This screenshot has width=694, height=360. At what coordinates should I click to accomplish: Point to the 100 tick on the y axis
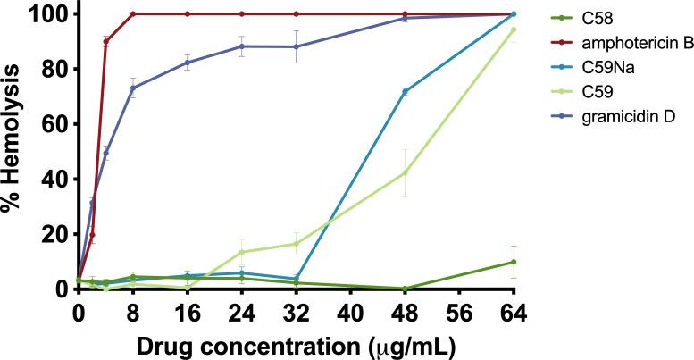tap(42, 14)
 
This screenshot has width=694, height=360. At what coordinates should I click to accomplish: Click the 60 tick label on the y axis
tap(49, 124)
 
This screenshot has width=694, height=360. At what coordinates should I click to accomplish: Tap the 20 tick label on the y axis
tap(49, 234)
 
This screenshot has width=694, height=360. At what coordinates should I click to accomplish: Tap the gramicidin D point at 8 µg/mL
tap(133, 88)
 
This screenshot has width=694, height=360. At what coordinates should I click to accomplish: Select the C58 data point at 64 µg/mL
tap(514, 262)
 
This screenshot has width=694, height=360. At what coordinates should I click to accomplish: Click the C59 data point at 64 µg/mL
tap(514, 29)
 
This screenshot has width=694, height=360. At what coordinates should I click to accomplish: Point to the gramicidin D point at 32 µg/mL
tap(296, 46)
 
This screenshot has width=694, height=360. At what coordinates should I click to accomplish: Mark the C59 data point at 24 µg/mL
tap(241, 252)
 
